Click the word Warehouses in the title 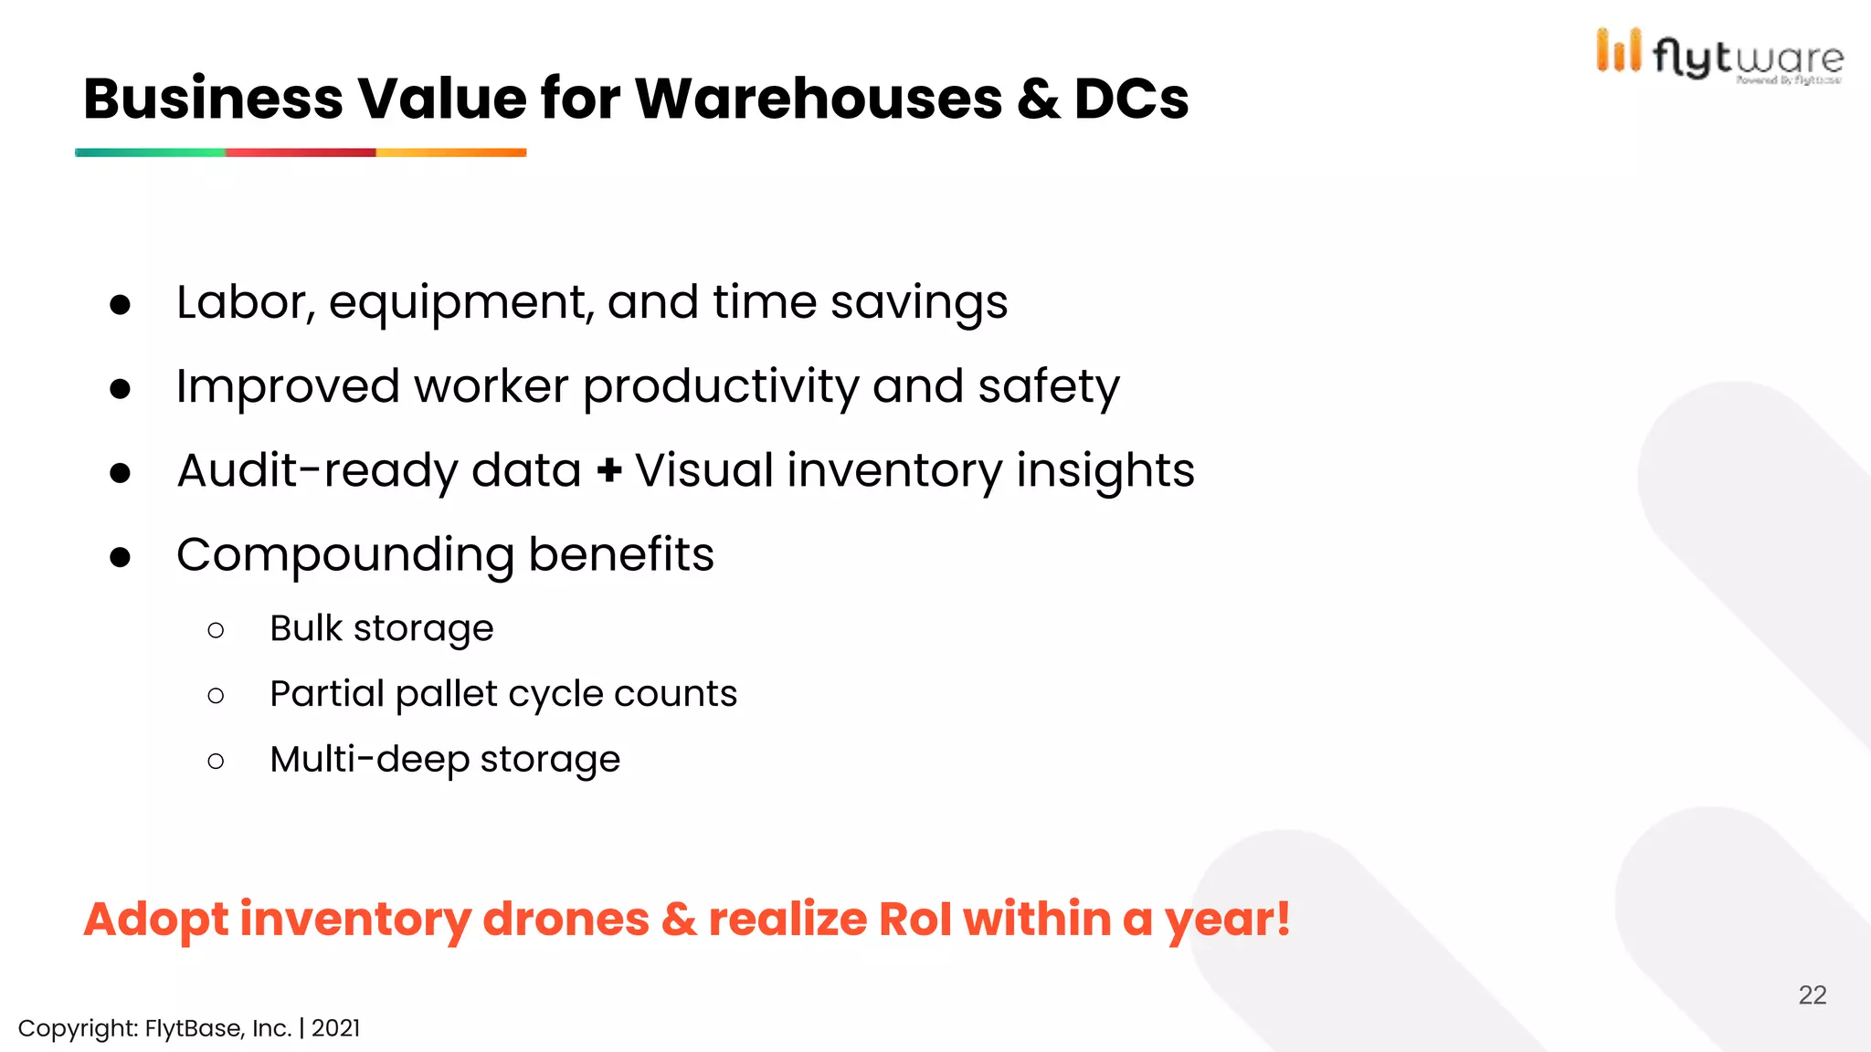point(818,99)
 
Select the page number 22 point(1812,994)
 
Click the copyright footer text point(189,1028)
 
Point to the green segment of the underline point(150,153)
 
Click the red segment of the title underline point(301,153)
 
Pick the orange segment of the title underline point(451,153)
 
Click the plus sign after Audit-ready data point(609,471)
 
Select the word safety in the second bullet point(1048,387)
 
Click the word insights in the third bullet point(1105,471)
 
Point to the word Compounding point(345,555)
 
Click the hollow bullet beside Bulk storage point(216,630)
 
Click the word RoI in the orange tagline point(914,919)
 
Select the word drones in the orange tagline point(566,919)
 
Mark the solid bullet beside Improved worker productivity point(120,389)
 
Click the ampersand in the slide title point(1038,99)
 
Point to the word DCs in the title point(1131,99)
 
